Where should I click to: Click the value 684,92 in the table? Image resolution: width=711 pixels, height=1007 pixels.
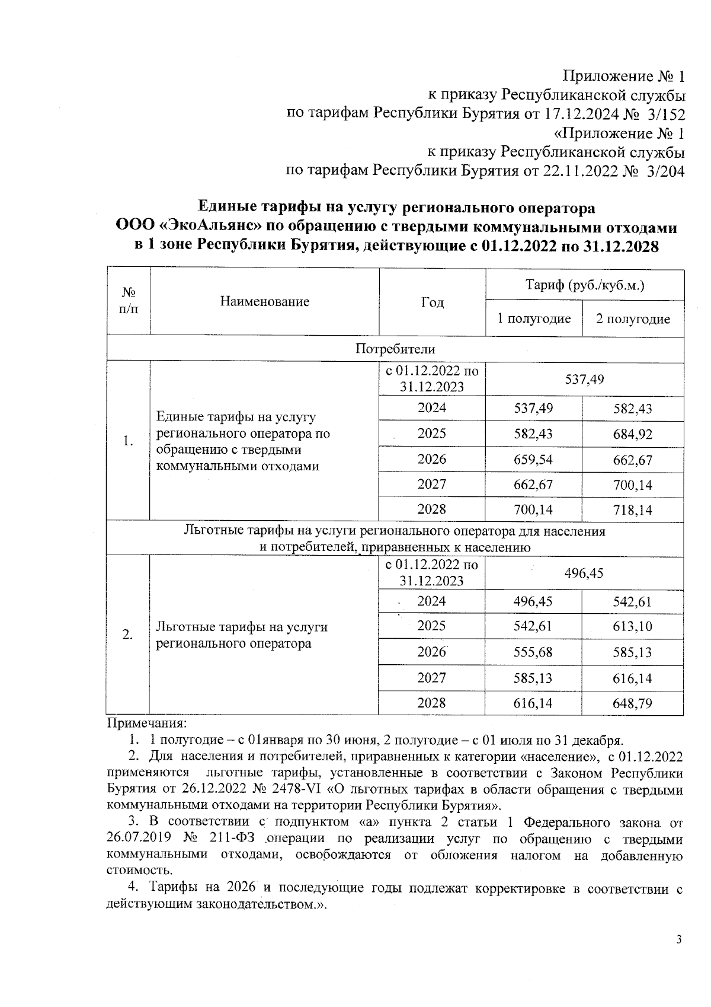click(632, 434)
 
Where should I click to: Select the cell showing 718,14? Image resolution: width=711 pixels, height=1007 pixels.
click(632, 510)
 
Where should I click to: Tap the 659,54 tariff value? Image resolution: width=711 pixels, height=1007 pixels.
click(533, 460)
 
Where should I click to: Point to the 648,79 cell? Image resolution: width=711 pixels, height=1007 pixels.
click(632, 704)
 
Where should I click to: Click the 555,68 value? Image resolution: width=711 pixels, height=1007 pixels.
click(533, 652)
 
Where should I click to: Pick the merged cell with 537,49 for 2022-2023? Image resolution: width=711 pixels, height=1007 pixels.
click(584, 379)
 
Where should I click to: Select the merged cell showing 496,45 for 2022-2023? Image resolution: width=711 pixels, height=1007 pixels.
click(584, 573)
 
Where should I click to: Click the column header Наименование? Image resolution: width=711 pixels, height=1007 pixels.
click(264, 302)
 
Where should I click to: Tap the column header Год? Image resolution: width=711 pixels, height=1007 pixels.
click(432, 302)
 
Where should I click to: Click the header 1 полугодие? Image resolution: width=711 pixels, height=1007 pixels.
click(533, 319)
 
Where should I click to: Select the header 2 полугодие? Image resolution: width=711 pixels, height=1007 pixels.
click(632, 319)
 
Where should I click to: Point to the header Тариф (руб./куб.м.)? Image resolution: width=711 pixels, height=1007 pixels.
click(584, 285)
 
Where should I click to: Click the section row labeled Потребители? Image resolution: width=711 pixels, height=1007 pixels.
click(395, 349)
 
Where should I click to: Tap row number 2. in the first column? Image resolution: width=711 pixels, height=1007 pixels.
click(127, 635)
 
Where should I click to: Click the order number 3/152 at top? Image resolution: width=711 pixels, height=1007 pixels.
click(664, 114)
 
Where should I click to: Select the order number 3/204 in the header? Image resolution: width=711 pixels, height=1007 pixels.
click(664, 171)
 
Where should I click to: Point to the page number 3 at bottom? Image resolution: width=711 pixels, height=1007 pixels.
click(679, 940)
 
